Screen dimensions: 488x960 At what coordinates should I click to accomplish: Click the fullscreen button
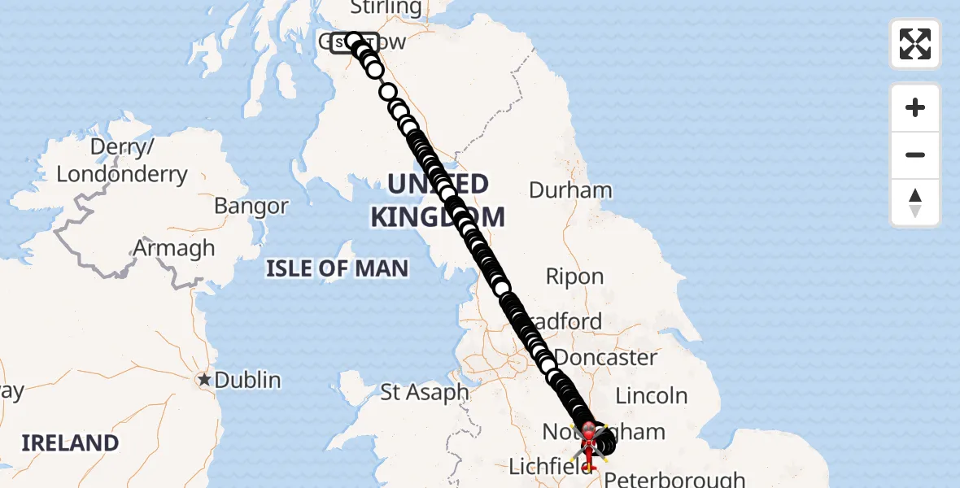click(915, 44)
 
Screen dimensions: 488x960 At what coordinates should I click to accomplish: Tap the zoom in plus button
click(915, 107)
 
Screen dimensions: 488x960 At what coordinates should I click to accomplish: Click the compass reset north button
click(915, 203)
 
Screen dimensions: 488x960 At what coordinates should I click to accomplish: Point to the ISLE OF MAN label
click(337, 268)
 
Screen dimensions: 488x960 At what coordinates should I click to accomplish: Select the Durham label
click(570, 190)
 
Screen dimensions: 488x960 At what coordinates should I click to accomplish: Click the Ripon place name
click(574, 277)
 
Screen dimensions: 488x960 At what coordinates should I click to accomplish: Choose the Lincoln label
click(652, 396)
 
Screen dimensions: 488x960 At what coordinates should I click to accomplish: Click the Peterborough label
click(674, 479)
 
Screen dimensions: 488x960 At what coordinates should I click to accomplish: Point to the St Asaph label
click(425, 392)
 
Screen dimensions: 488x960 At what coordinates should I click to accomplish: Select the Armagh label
click(174, 248)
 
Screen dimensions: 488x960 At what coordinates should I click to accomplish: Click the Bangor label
click(251, 206)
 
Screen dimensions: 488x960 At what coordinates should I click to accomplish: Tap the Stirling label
click(386, 8)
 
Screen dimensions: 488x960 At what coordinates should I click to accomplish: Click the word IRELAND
click(70, 443)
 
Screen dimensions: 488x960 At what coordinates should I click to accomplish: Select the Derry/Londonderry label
click(122, 161)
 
